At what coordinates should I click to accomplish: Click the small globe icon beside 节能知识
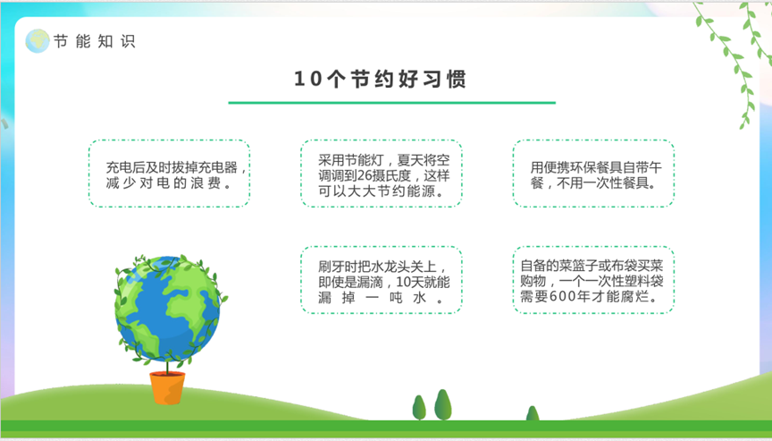pos(38,41)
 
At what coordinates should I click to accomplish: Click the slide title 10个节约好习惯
pos(380,79)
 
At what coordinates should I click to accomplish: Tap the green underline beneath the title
pos(392,103)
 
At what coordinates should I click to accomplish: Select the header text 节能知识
pos(94,41)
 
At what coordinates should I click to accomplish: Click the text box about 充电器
pos(170,174)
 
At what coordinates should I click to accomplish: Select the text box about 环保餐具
pos(593,174)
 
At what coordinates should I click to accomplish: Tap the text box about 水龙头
pos(381,280)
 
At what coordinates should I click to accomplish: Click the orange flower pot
pos(167,388)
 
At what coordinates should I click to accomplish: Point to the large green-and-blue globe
pos(167,310)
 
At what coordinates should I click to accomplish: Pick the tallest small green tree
pos(442,404)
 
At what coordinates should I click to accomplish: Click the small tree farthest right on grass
pos(533,413)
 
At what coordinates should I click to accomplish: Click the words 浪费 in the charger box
pos(206,183)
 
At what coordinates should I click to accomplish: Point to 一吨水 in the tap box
pos(396,298)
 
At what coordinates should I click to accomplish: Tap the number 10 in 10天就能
pos(404,283)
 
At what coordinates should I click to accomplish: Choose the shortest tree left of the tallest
pos(419,408)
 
